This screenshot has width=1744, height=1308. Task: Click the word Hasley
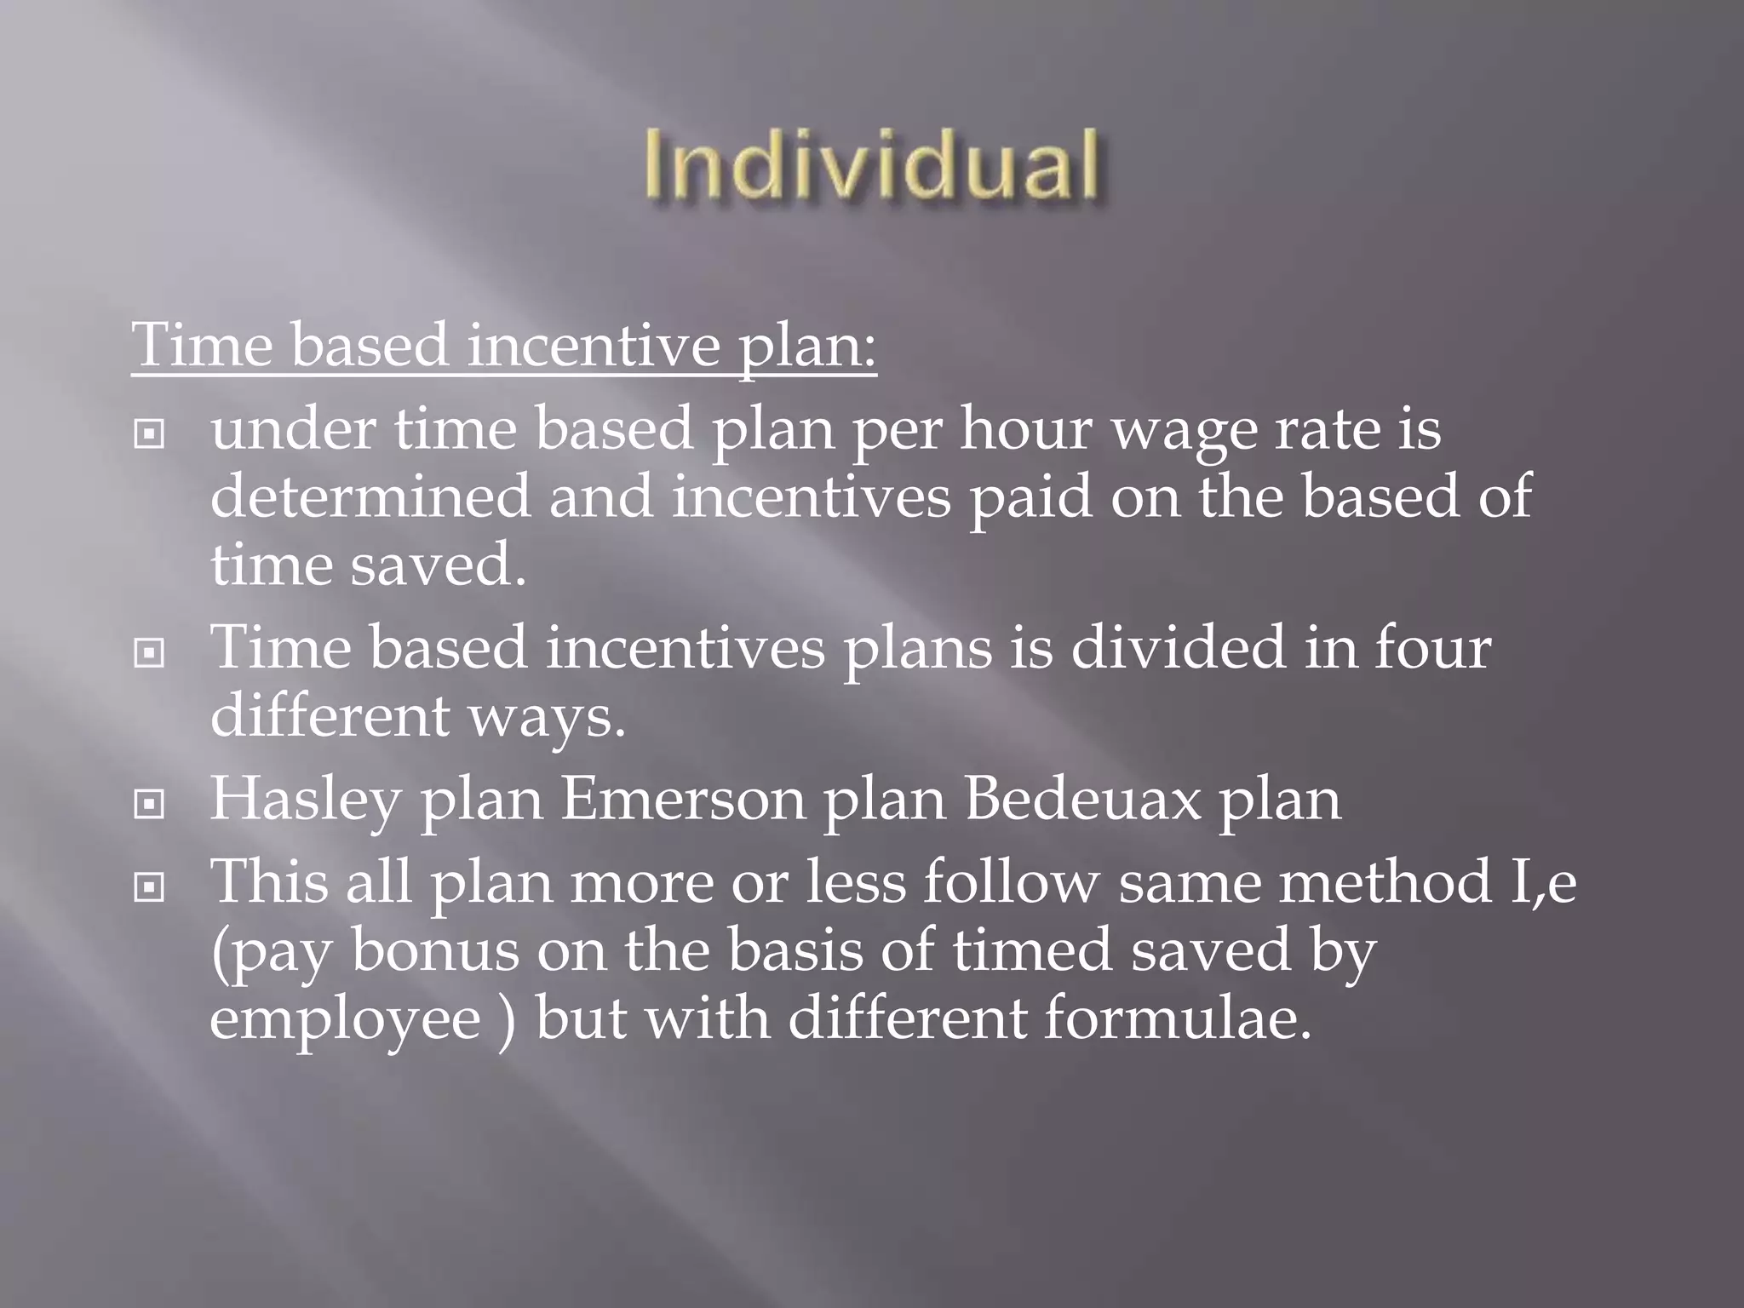point(305,800)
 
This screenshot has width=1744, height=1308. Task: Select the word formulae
point(1178,1018)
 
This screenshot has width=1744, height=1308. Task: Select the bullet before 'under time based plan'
point(149,435)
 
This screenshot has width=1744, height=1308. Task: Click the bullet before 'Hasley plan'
point(149,805)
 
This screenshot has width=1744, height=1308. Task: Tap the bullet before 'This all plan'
point(149,888)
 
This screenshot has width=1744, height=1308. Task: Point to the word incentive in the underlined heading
point(594,347)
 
